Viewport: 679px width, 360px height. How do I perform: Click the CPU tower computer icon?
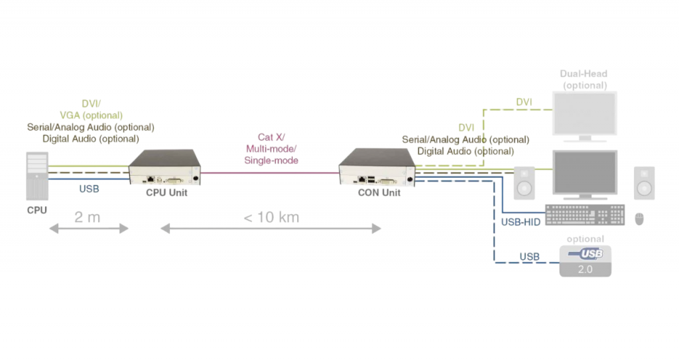click(x=37, y=175)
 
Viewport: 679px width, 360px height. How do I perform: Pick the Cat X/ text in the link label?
click(x=271, y=137)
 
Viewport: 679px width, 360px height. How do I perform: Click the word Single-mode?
click(x=271, y=160)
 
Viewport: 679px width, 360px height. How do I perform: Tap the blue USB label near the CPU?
click(x=89, y=189)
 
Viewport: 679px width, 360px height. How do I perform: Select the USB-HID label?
click(x=521, y=222)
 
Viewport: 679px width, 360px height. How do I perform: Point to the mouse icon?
click(x=639, y=218)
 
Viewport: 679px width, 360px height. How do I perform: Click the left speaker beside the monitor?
click(x=524, y=182)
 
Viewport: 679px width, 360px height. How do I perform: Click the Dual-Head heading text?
click(x=584, y=74)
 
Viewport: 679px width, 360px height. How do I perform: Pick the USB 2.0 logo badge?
click(x=585, y=261)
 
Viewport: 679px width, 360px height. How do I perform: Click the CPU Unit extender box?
click(x=164, y=166)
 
